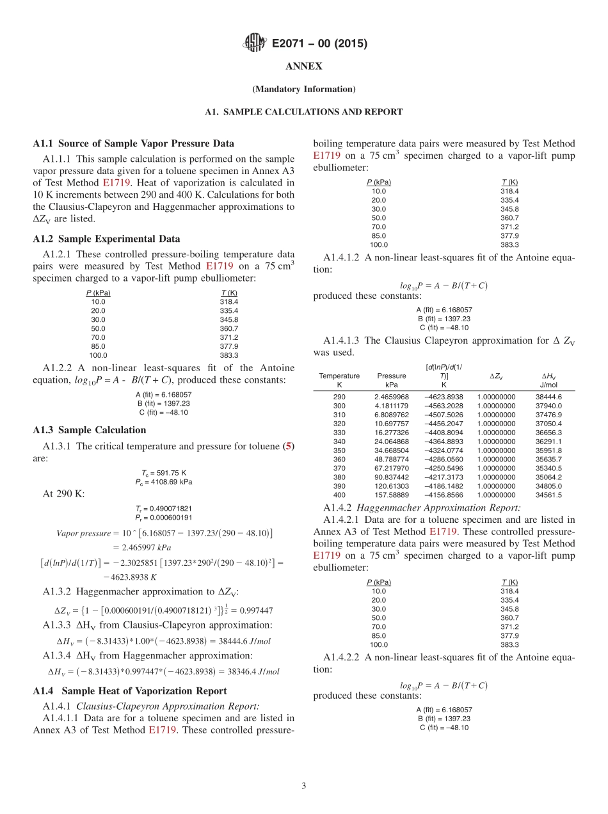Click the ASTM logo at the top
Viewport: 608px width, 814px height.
click(255, 44)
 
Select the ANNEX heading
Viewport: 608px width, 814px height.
click(303, 67)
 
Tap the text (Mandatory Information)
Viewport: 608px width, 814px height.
click(303, 89)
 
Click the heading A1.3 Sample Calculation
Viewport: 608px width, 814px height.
click(89, 430)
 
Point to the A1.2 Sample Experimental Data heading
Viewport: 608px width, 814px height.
click(106, 239)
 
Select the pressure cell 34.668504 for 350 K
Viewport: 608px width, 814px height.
click(392, 450)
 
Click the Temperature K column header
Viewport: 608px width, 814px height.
click(339, 380)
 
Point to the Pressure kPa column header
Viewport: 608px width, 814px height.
click(392, 380)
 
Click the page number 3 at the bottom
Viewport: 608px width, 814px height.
click(303, 786)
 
